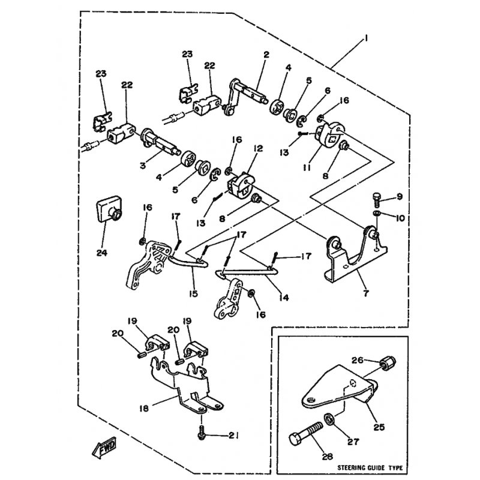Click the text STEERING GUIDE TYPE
tap(370, 467)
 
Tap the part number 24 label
tap(101, 253)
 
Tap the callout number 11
tap(307, 168)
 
